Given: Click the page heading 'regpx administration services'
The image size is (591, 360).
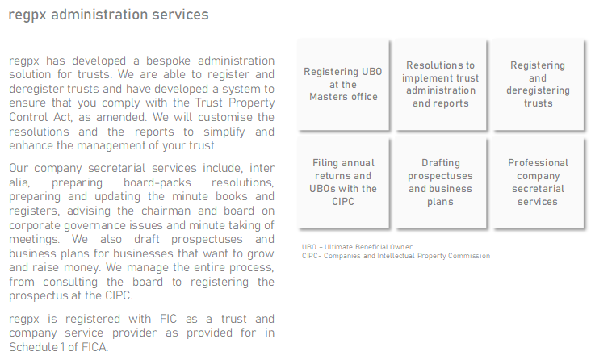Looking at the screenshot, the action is click(108, 15).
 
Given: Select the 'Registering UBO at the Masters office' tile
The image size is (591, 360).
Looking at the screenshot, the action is click(343, 85).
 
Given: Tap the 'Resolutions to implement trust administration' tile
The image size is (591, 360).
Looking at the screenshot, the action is click(440, 85).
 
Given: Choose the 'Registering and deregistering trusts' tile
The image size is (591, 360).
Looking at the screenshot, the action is click(538, 85).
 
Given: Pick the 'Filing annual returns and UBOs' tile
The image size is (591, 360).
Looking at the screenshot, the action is click(343, 182).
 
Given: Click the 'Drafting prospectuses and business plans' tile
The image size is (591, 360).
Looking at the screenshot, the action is click(440, 182).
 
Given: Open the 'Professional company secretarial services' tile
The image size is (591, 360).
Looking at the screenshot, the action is click(538, 182).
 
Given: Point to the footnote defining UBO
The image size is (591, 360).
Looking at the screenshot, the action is click(357, 247).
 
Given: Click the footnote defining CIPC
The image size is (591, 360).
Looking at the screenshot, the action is click(396, 256).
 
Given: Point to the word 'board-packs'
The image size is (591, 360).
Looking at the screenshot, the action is click(157, 182).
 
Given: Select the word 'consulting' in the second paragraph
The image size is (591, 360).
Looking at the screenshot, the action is click(70, 282).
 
